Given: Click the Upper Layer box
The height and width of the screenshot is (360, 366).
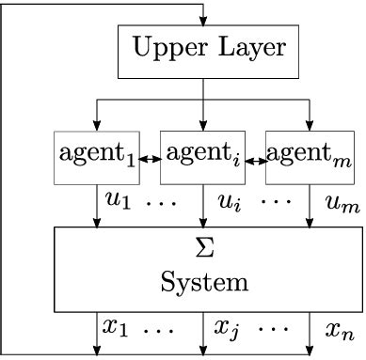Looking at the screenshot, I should (x=203, y=51).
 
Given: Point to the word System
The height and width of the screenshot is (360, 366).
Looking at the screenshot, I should (x=203, y=281).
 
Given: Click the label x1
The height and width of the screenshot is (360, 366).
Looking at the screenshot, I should (x=117, y=328).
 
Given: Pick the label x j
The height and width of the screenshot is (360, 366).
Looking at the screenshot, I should (x=227, y=330).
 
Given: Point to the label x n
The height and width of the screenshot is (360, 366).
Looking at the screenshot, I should (x=337, y=329).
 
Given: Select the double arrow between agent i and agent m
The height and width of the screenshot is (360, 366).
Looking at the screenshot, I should (x=256, y=161).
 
